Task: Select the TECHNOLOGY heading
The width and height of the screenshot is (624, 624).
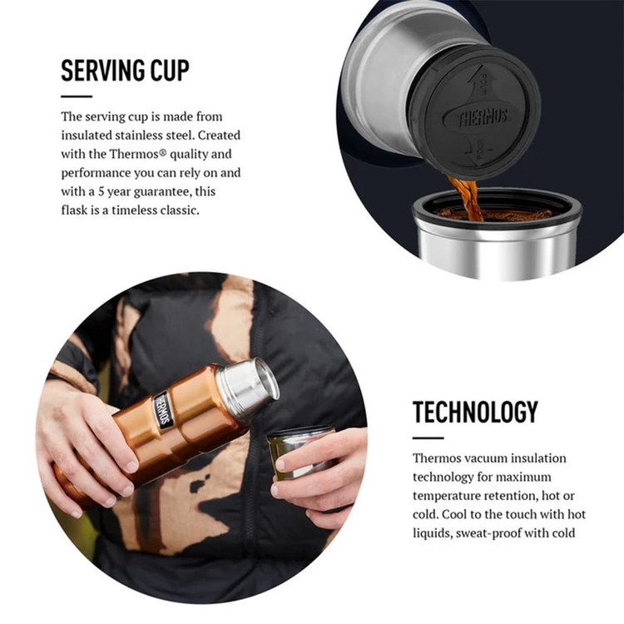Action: [x=475, y=413]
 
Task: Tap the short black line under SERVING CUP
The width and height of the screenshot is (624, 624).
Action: [x=77, y=97]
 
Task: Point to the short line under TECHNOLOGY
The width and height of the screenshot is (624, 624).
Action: [x=428, y=438]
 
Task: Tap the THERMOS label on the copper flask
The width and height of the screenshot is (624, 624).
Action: [x=163, y=410]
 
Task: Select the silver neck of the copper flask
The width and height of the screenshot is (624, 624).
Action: [x=248, y=385]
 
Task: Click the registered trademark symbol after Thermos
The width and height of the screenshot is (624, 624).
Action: [x=162, y=153]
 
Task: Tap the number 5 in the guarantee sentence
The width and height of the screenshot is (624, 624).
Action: [x=102, y=192]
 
